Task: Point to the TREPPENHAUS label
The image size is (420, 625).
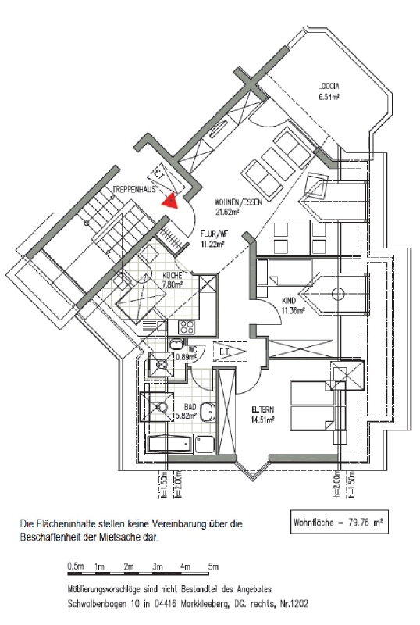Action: click(137, 189)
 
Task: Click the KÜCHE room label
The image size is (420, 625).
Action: click(173, 276)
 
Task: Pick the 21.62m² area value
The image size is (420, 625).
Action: click(227, 211)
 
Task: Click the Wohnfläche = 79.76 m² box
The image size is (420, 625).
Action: click(340, 520)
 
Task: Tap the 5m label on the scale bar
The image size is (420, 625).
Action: click(213, 565)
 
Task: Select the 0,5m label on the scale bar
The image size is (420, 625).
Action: click(76, 565)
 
